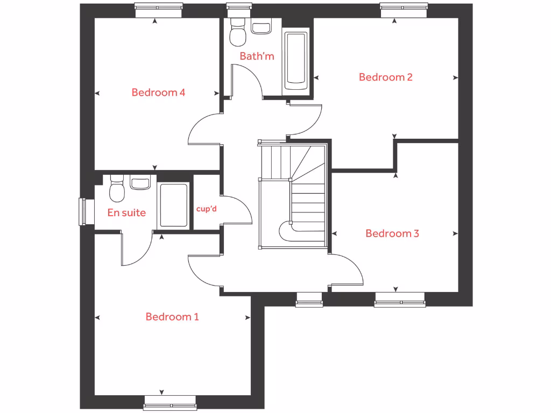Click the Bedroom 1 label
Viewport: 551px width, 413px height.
[x=172, y=317]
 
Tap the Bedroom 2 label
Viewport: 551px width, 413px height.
[x=385, y=77]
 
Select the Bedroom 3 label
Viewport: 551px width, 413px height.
[x=392, y=233]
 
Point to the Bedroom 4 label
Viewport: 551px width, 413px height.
[x=158, y=92]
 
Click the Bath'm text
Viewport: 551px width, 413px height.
[x=257, y=56]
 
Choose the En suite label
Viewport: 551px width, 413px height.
[x=126, y=212]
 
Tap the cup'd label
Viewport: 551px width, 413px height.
[x=206, y=209]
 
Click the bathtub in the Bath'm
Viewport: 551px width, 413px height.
[x=296, y=60]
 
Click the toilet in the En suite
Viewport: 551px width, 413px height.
[x=117, y=189]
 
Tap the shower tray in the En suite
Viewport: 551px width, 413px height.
[x=173, y=205]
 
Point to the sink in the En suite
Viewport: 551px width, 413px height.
[x=140, y=183]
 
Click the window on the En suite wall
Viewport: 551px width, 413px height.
[x=83, y=212]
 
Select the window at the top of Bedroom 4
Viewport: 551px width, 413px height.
[x=158, y=9]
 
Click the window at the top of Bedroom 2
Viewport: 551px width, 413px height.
[x=404, y=9]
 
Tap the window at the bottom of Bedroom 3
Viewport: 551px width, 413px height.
[x=400, y=299]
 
